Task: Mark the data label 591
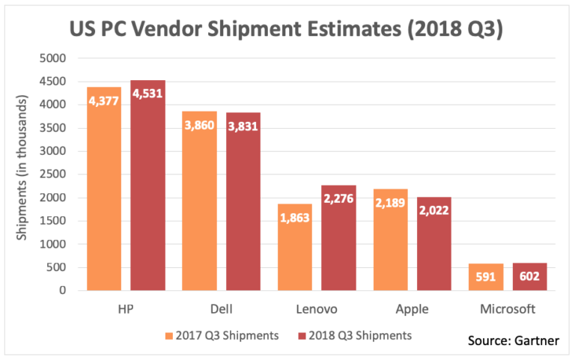[486, 277]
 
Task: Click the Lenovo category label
[317, 309]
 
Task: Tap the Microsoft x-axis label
[508, 309]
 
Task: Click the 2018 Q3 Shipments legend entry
[356, 335]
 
